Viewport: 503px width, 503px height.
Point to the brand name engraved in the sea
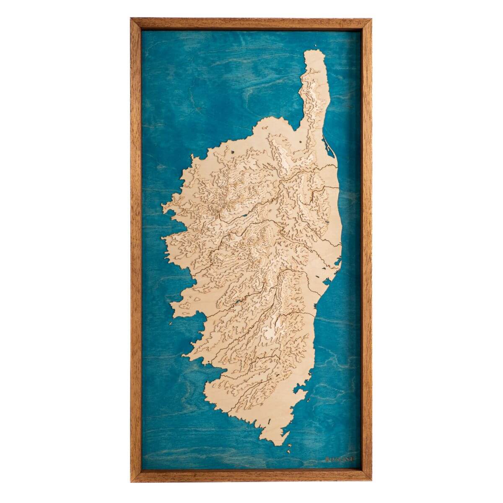340,459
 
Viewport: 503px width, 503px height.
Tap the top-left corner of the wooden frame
131,18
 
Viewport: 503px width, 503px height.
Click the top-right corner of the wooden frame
371,18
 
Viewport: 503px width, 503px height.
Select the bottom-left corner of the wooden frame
131,482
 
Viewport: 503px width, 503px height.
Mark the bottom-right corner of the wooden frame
371,482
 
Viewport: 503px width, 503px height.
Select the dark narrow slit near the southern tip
267,421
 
